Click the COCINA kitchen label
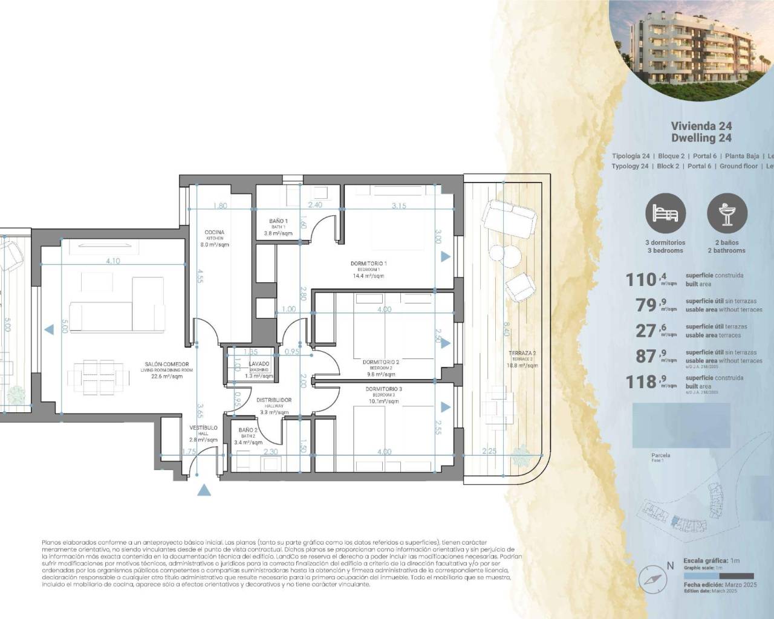click(x=214, y=233)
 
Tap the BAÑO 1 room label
click(x=278, y=222)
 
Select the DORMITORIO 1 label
click(x=368, y=264)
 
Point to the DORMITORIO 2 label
click(x=381, y=363)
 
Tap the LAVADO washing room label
click(x=259, y=365)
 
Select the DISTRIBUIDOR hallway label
click(x=274, y=400)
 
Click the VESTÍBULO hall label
click(x=203, y=428)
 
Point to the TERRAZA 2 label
click(x=522, y=353)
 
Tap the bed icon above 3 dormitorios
click(x=665, y=214)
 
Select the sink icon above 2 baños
click(x=727, y=214)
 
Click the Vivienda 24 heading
click(x=701, y=126)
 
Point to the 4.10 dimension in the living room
click(x=112, y=261)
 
